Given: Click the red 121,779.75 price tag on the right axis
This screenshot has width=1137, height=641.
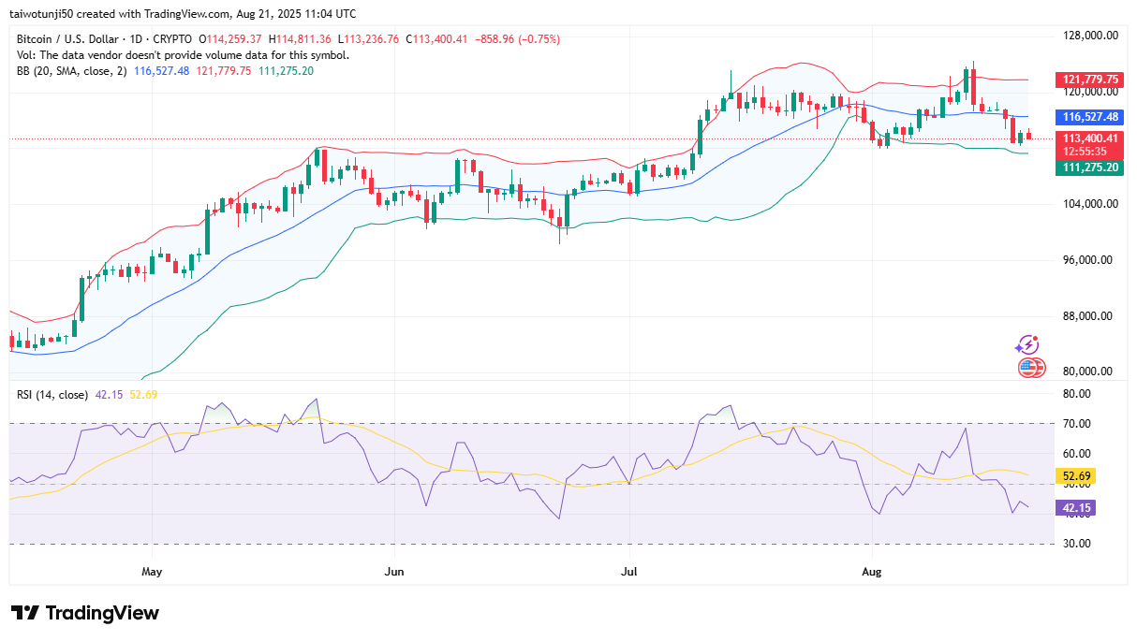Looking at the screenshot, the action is [1089, 80].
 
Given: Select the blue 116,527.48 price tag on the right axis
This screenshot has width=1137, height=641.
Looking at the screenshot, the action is [1089, 117].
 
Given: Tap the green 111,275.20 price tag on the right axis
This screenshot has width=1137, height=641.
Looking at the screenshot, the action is [1089, 168].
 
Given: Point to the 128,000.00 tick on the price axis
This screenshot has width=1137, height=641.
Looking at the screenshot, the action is [1090, 36].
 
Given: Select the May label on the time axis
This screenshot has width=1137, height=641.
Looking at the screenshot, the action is [152, 572].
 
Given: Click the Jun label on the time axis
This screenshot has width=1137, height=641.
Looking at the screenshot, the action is [394, 572].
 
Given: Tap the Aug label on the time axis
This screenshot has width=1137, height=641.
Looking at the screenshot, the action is [872, 572].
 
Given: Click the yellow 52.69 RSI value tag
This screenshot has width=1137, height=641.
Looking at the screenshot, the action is [1076, 475].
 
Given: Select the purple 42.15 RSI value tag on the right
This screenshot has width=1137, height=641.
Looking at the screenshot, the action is [1076, 507].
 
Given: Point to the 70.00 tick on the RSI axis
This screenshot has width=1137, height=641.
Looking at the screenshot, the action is [1077, 424].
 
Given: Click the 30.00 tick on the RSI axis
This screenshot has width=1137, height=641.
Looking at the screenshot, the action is [1077, 544].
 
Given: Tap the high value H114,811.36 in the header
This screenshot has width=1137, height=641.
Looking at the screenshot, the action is [300, 39].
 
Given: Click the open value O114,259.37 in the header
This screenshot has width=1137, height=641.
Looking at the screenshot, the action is [230, 39].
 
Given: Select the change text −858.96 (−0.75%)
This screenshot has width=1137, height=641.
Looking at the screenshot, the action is [517, 39].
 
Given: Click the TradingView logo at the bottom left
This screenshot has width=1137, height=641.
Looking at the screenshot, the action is [85, 613].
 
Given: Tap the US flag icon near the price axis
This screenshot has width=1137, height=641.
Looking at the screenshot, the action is [1031, 368].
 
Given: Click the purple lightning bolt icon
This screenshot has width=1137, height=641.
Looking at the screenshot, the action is [1027, 345].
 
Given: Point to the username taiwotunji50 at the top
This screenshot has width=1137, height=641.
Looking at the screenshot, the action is [41, 14].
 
